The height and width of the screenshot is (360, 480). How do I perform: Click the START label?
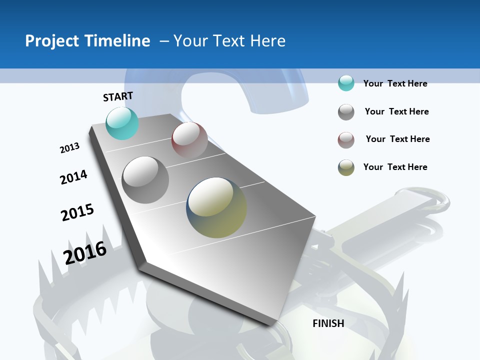118,96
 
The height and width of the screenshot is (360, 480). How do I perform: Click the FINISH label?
328,323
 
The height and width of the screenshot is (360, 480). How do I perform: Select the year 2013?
69,148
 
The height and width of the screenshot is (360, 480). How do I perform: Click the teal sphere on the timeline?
122,123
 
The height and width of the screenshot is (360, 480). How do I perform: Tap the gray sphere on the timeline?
145,180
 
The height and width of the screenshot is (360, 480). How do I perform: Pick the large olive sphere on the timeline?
216,207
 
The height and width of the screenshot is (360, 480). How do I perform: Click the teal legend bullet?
346,83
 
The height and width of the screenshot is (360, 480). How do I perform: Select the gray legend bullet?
346,112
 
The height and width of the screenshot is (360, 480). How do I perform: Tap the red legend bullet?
346,140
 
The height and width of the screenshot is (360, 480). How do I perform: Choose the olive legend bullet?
346,167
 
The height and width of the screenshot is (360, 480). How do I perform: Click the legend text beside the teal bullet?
395,83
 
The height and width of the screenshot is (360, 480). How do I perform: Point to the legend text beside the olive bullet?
395,167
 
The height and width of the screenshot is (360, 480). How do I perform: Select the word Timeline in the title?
120,41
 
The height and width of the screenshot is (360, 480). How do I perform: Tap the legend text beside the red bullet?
397,139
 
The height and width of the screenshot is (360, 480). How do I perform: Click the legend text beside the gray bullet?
396,111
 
